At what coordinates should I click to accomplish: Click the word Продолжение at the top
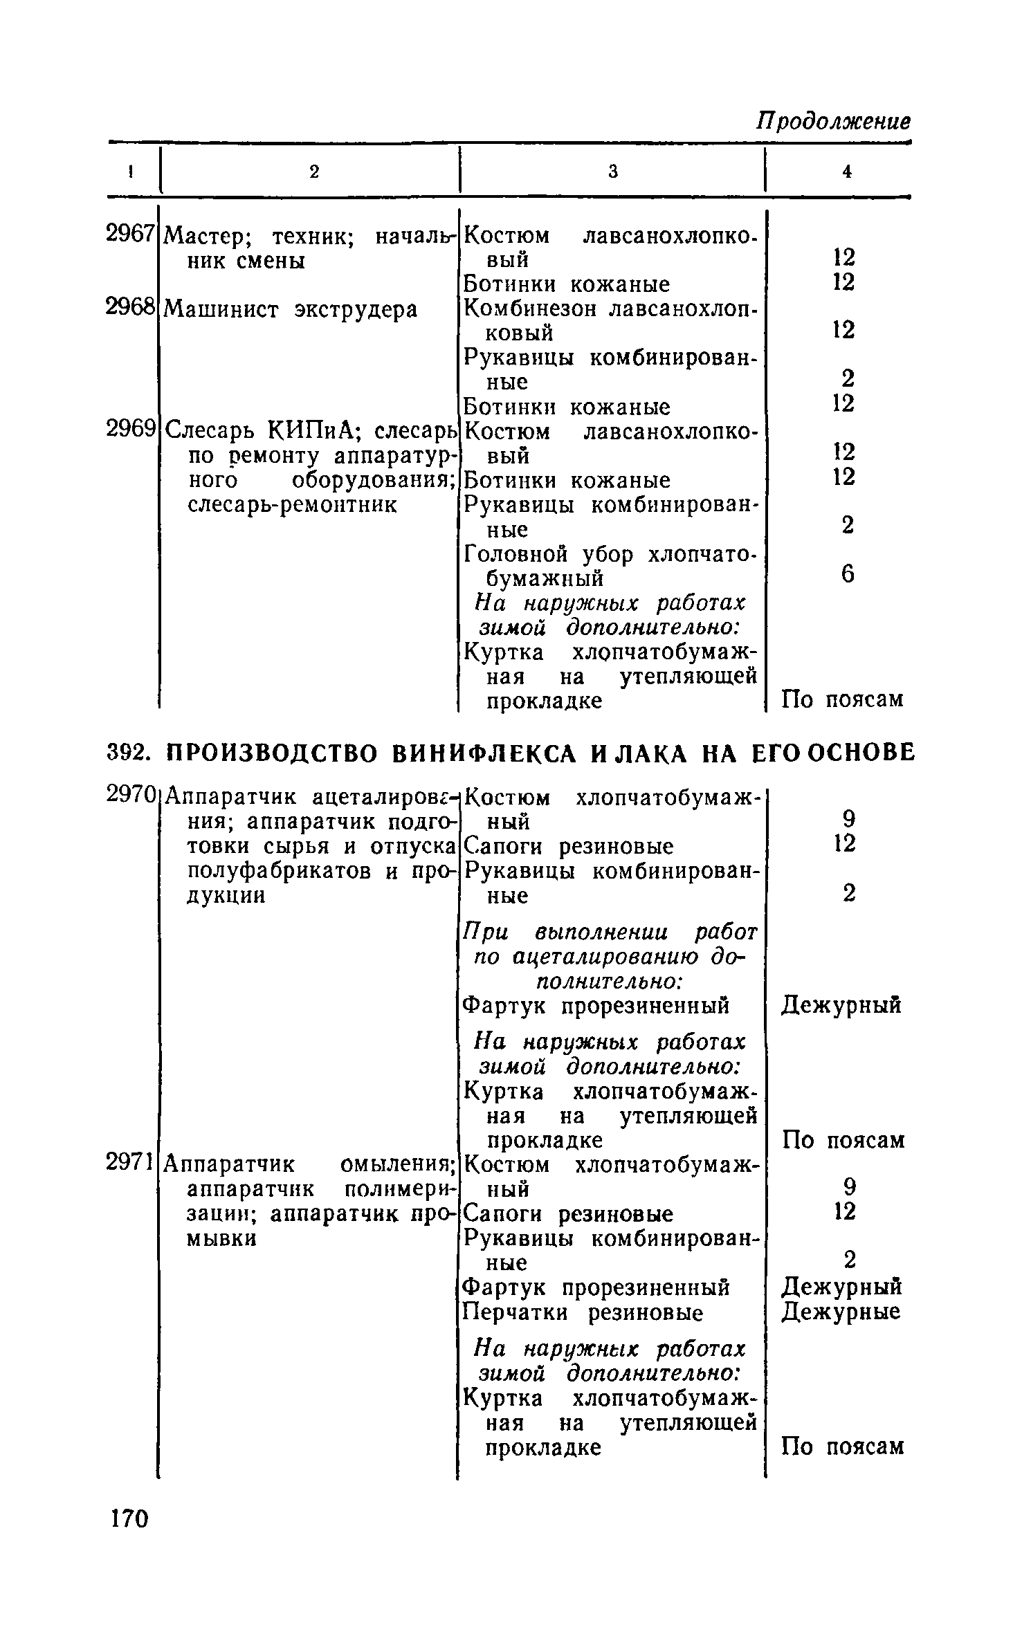tap(833, 122)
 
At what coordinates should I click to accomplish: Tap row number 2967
tap(129, 235)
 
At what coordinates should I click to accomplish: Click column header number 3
tap(612, 172)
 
